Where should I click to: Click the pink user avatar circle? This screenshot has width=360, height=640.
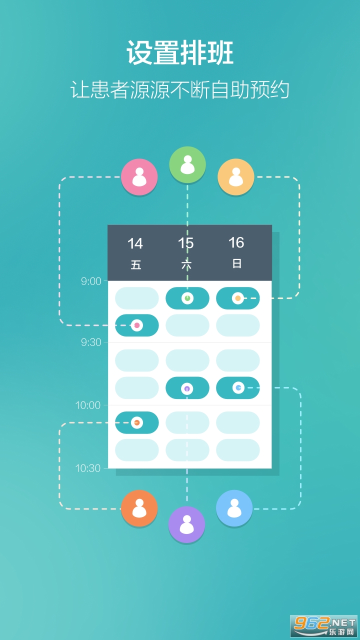pos(139,177)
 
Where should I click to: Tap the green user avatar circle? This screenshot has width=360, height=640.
pos(187,165)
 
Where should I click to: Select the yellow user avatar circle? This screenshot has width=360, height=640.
pos(235,177)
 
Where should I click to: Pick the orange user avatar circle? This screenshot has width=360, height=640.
pos(139,508)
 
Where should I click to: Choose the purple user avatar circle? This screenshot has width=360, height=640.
pos(186,524)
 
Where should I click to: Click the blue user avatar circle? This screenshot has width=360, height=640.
pos(234,508)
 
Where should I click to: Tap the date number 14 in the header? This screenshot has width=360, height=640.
pos(135,243)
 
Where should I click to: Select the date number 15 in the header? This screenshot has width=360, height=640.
pos(185,243)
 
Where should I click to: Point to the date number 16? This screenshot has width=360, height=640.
pos(236,242)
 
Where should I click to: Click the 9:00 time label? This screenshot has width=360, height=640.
pos(91,281)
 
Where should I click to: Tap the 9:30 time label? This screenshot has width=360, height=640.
pos(91,342)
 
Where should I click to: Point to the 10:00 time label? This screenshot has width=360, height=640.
pos(87,405)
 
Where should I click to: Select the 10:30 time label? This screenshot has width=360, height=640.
pos(87,468)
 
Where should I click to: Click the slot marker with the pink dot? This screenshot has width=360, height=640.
pos(137,325)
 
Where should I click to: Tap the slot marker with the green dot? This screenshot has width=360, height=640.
pos(187,298)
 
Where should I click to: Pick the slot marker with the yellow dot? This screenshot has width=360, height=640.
pos(237,298)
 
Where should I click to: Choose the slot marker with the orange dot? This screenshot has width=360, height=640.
pos(137,422)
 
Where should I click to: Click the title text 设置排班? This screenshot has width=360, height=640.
pos(180,53)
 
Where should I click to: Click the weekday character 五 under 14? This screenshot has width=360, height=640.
pos(136,264)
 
